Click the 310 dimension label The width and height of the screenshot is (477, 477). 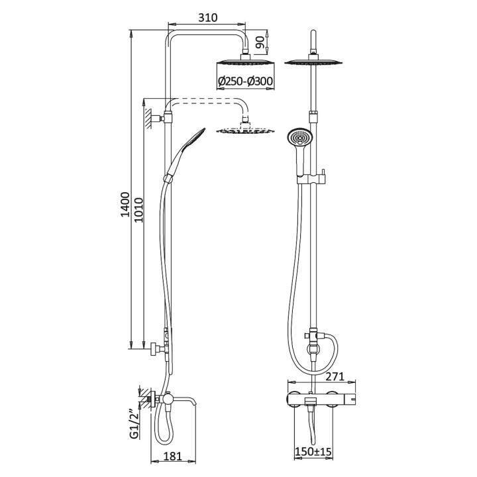pos(208,18)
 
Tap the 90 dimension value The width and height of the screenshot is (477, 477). pos(260,42)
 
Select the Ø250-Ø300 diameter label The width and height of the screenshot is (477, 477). pos(246,81)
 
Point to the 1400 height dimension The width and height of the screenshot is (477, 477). pos(125,205)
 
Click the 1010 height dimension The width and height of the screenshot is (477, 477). pos(138,210)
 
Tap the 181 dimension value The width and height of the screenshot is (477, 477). pos(172,456)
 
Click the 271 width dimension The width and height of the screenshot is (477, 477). pos(335,376)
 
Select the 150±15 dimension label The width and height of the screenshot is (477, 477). pos(313,451)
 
